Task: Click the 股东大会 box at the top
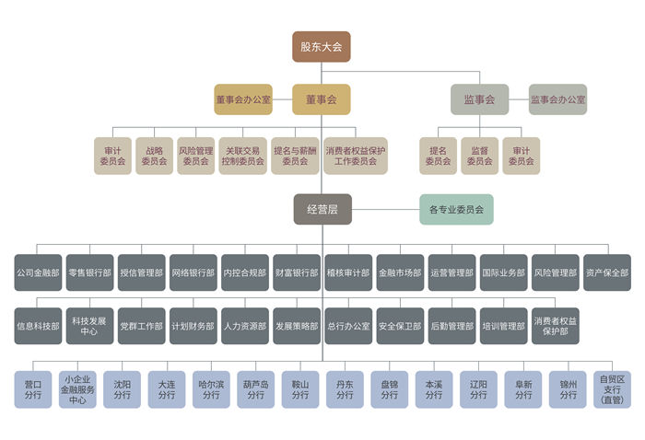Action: [322, 46]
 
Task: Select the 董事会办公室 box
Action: [243, 99]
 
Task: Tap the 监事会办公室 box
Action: [557, 99]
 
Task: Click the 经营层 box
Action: [322, 210]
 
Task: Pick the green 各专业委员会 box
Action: [457, 210]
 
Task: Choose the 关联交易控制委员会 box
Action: [244, 156]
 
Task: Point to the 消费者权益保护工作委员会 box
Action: [356, 156]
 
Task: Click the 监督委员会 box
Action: [479, 156]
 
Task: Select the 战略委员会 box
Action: [154, 156]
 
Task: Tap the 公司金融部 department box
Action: [38, 273]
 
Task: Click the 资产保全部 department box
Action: [607, 273]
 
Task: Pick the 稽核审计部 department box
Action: [348, 273]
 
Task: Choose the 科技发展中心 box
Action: [89, 326]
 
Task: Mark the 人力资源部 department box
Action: [244, 326]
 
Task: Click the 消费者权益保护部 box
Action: [556, 326]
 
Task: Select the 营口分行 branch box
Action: [34, 389]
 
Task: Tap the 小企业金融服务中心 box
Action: [78, 389]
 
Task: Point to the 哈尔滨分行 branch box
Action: [211, 389]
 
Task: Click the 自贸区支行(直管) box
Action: [611, 389]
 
